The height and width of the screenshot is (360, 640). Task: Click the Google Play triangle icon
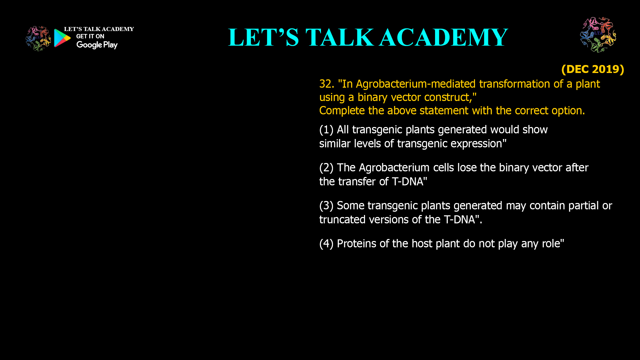(x=62, y=38)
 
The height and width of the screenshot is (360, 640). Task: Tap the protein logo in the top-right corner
(x=598, y=35)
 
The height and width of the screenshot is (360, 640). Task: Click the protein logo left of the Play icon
(x=38, y=39)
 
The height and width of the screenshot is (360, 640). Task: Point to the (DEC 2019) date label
(x=592, y=69)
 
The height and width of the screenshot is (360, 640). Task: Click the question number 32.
(x=326, y=84)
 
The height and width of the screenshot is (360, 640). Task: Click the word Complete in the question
(x=342, y=111)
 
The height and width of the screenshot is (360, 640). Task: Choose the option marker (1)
(x=326, y=130)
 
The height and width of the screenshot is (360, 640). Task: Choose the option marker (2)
(x=326, y=168)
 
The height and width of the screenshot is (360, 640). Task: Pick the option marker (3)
(x=326, y=206)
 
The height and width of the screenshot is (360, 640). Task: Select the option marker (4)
(x=326, y=244)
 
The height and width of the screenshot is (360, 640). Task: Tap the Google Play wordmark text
(x=97, y=45)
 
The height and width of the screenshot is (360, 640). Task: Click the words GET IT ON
(x=90, y=36)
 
